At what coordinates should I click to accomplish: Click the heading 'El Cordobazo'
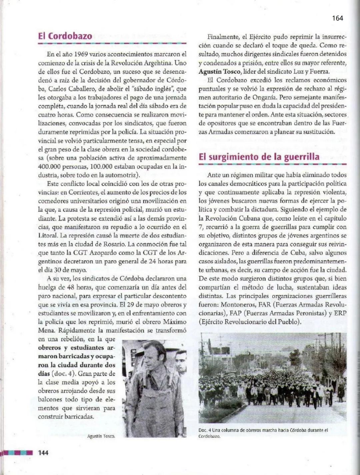65,36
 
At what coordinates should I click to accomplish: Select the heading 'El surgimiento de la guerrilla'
259,157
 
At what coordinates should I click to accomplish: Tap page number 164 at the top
337,18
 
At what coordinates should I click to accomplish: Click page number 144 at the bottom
43,453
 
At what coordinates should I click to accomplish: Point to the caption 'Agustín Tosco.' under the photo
101,436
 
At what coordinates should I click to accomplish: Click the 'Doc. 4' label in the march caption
205,430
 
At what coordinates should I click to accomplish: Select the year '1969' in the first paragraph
81,54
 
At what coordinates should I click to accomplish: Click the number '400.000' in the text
49,166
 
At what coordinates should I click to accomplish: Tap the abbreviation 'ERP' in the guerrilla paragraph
340,313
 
